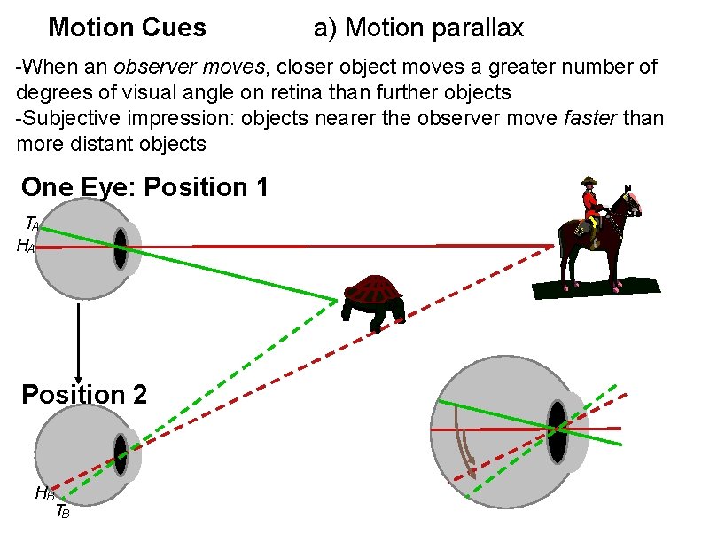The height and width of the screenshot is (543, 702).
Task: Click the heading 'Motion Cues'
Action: pyautogui.click(x=127, y=28)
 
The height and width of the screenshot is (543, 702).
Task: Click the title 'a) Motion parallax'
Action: pyautogui.click(x=418, y=28)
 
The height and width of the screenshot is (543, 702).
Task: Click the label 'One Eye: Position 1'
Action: pyautogui.click(x=144, y=187)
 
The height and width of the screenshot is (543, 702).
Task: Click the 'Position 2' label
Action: pyautogui.click(x=84, y=394)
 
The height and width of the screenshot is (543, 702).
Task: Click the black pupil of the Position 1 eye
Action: pyautogui.click(x=120, y=248)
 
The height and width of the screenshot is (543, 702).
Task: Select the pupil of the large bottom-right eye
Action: pyautogui.click(x=557, y=430)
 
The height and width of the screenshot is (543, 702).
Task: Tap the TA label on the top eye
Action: pyautogui.click(x=32, y=223)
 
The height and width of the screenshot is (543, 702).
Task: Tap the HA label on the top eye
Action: pyautogui.click(x=26, y=247)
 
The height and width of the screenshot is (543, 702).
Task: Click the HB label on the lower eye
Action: pyautogui.click(x=44, y=493)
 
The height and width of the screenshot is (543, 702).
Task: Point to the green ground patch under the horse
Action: pyautogui.click(x=596, y=287)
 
